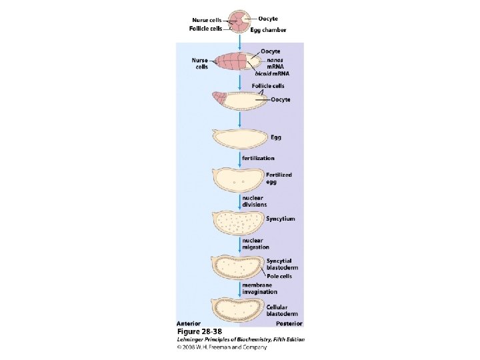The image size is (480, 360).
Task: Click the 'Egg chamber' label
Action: click(x=269, y=29)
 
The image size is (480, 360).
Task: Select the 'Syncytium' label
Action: click(x=280, y=219)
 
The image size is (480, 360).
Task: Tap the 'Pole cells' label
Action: click(x=279, y=276)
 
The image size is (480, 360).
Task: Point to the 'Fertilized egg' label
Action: click(x=279, y=178)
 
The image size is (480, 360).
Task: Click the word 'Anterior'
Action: click(x=189, y=323)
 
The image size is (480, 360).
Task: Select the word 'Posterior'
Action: click(x=289, y=323)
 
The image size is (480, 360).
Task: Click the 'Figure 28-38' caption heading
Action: click(x=199, y=331)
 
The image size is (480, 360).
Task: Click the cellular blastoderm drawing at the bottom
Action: click(x=238, y=308)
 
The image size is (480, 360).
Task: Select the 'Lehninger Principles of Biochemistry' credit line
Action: click(x=240, y=339)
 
